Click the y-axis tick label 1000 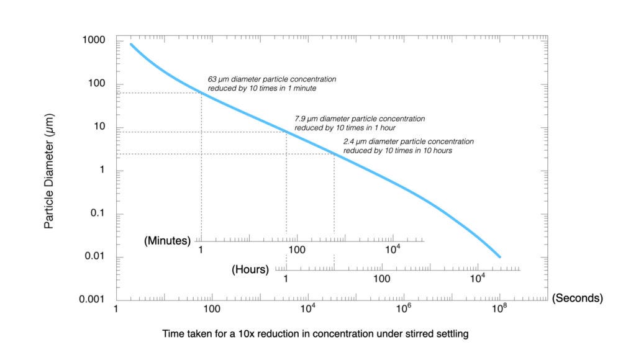click(x=93, y=40)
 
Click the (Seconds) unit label click(x=577, y=298)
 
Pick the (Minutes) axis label click(x=166, y=240)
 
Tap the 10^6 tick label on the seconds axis click(x=403, y=308)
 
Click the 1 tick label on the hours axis click(x=286, y=279)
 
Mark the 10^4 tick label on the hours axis click(x=477, y=279)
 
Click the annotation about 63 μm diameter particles click(x=271, y=84)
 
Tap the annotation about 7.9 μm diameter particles click(x=360, y=123)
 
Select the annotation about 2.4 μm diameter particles click(x=408, y=146)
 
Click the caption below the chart click(x=315, y=334)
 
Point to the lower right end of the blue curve click(x=499, y=256)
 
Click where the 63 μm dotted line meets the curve click(x=201, y=93)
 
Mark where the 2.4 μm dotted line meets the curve click(x=334, y=154)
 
